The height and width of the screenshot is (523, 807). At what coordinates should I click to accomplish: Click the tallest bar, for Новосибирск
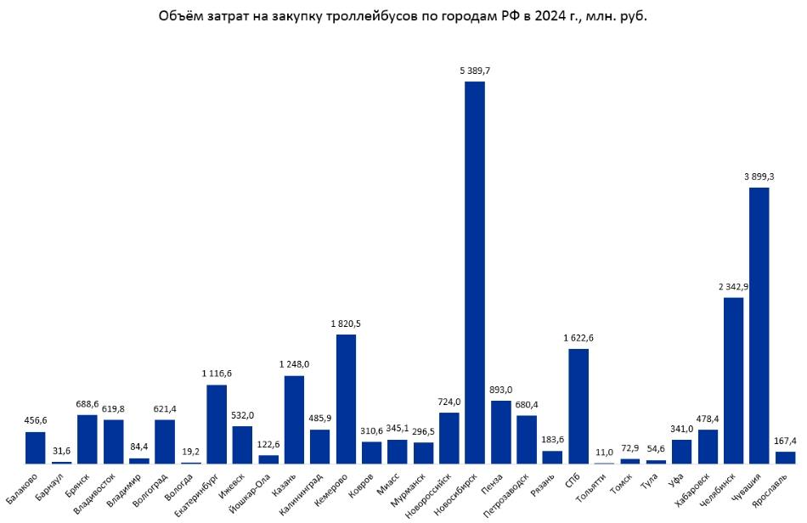pos(475,272)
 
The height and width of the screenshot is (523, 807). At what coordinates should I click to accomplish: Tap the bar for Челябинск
pos(733,380)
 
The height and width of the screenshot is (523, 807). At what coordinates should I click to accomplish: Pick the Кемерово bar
pos(346,399)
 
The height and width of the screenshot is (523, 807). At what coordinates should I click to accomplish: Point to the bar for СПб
pos(578,406)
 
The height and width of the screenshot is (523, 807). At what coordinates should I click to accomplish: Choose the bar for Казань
pos(294,419)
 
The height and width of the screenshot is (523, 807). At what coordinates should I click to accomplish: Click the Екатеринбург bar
pos(217,425)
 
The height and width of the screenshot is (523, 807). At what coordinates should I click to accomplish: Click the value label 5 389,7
pos(475,70)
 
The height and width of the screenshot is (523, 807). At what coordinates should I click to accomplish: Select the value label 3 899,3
pos(759,177)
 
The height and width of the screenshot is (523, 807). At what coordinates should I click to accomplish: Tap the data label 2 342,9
pos(733,287)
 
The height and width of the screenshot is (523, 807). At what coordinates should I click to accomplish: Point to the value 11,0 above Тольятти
pos(604,453)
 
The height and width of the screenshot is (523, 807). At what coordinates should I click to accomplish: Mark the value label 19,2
pos(191,453)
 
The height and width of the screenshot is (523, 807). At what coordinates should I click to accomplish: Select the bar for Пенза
pos(501,432)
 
